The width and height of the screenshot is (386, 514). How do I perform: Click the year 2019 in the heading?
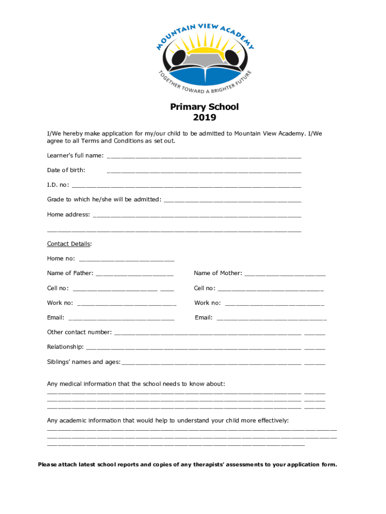point(205,118)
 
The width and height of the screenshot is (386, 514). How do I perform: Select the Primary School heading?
point(205,107)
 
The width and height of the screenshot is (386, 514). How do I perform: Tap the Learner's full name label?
point(75,156)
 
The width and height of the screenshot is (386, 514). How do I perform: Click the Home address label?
point(69,214)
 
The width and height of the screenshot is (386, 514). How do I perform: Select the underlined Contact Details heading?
point(69,244)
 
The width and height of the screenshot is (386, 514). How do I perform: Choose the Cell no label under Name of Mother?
point(205,288)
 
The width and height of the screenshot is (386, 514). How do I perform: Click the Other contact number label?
point(79,332)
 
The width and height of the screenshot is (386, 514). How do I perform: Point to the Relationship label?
point(65,347)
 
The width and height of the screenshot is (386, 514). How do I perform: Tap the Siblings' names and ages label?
point(84,362)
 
